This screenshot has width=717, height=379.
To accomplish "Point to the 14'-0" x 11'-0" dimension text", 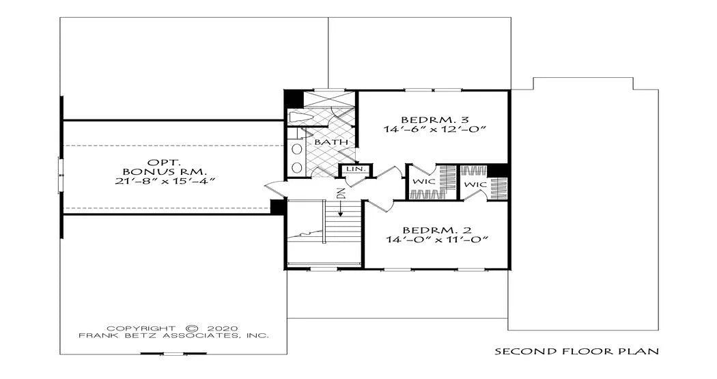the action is (x=435, y=240).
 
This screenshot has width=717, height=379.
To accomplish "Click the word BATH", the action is (x=331, y=142).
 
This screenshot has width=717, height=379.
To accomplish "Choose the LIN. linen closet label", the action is (x=355, y=169).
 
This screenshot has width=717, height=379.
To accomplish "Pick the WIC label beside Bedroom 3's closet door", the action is (x=424, y=182).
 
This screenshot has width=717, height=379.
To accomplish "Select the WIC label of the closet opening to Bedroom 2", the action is (x=475, y=184).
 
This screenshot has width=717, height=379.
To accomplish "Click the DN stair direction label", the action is (x=340, y=193).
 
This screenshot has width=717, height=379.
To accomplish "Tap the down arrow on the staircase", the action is (x=340, y=208).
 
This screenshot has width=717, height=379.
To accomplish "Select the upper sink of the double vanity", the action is (x=297, y=150).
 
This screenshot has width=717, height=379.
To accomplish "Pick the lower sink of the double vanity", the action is (x=297, y=167).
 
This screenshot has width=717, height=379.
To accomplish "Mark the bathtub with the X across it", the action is (x=329, y=99).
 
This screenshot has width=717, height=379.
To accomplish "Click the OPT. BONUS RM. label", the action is (x=165, y=167).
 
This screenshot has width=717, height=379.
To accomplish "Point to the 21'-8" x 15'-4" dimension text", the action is (x=165, y=181).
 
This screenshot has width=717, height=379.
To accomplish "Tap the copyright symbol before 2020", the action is (x=193, y=328).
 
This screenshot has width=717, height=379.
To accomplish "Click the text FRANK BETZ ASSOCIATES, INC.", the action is (x=173, y=335).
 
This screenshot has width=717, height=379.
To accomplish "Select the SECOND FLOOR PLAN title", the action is (x=577, y=352).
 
